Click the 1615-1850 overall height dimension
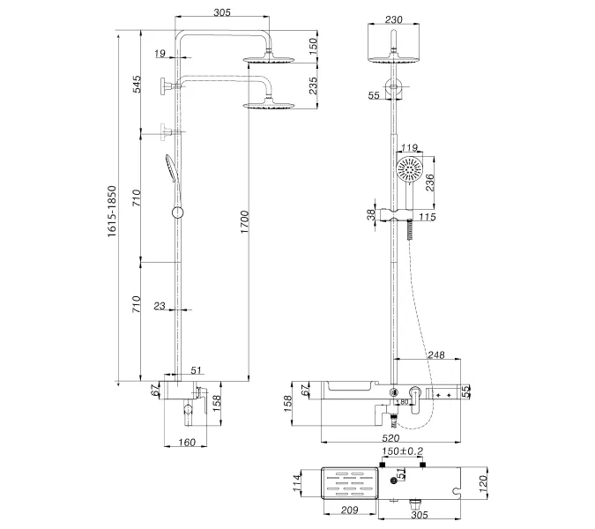tap(112, 212)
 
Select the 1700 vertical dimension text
tap(244, 222)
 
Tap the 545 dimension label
tap(137, 84)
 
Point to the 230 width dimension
tap(393, 19)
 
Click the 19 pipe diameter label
tap(160, 54)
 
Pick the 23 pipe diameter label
tap(160, 305)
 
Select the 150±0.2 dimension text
tap(402, 451)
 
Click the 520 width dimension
tap(390, 438)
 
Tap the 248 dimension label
tap(436, 354)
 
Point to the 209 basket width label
tap(349, 510)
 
